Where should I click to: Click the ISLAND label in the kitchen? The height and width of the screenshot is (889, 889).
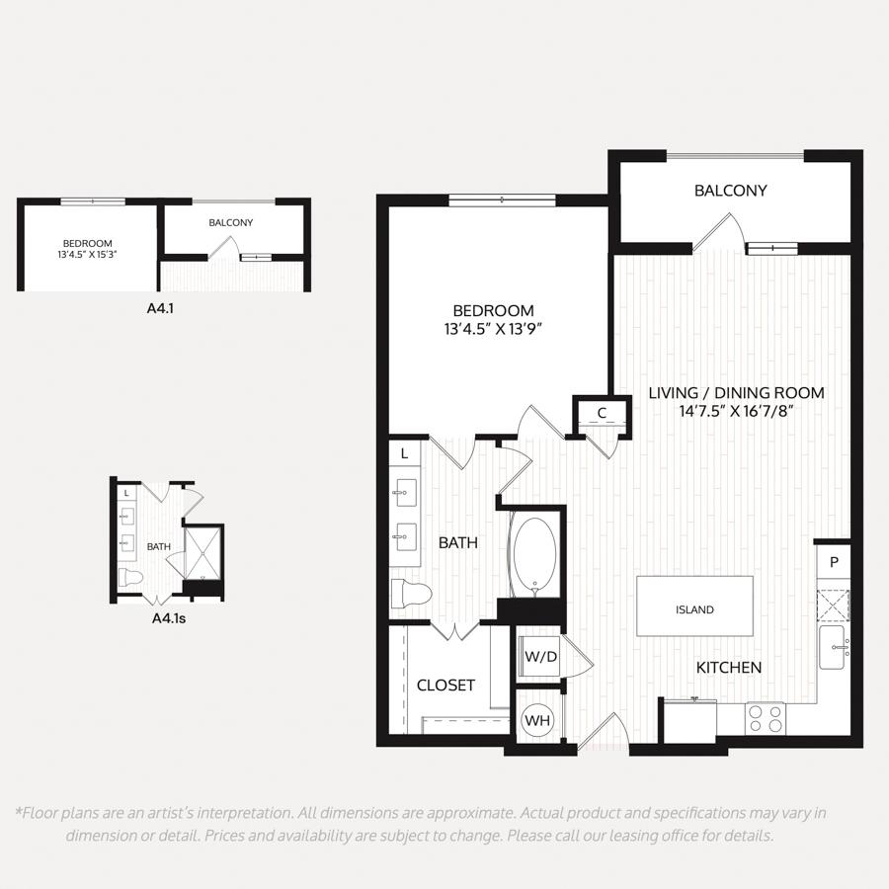tap(694, 610)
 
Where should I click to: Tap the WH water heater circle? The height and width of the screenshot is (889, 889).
tap(537, 720)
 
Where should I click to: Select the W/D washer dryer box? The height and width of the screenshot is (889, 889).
tap(541, 657)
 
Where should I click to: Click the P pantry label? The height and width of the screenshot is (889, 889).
tap(834, 562)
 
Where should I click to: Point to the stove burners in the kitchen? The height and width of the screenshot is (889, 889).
tap(766, 719)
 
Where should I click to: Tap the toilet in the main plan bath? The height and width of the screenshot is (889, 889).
tap(412, 595)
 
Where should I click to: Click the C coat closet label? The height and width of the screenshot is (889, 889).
tap(603, 413)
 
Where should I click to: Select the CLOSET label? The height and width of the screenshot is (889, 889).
tap(445, 686)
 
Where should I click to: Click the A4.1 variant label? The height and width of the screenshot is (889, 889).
tap(160, 309)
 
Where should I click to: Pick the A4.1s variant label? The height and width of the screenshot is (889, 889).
tap(169, 618)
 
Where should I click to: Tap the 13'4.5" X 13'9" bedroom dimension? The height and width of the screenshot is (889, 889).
tap(493, 329)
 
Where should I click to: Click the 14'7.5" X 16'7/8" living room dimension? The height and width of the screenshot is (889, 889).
tap(736, 411)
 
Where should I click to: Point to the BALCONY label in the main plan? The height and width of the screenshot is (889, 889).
tap(730, 191)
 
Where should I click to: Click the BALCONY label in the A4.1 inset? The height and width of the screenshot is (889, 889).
tap(231, 223)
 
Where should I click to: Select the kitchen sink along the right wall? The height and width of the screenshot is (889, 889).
tap(834, 647)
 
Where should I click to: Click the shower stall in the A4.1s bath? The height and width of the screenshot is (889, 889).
tap(202, 554)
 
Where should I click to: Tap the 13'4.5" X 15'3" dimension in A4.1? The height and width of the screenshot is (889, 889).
tap(87, 255)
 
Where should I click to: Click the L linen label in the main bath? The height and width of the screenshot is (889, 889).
tap(404, 454)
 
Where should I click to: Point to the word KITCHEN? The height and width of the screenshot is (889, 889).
tap(729, 668)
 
